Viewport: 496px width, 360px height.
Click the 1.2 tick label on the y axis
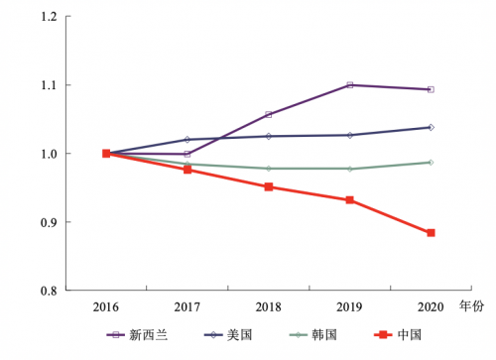[x=49, y=17]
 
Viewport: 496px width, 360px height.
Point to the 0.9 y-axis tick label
[x=49, y=222]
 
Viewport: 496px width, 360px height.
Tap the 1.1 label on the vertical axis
[x=49, y=85]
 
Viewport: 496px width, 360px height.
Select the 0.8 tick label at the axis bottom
[x=49, y=291]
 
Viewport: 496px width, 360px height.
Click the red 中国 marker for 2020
[x=431, y=233]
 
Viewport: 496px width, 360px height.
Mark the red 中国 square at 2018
[x=268, y=186]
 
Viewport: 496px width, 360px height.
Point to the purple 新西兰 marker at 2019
[x=349, y=85]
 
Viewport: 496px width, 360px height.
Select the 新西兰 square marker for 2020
[x=431, y=89]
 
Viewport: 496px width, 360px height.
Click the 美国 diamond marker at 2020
[x=431, y=127]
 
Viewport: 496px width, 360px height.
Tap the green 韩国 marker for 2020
[x=431, y=162]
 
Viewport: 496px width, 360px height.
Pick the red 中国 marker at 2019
[x=349, y=200]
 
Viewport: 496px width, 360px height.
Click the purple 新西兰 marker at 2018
[x=268, y=115]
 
